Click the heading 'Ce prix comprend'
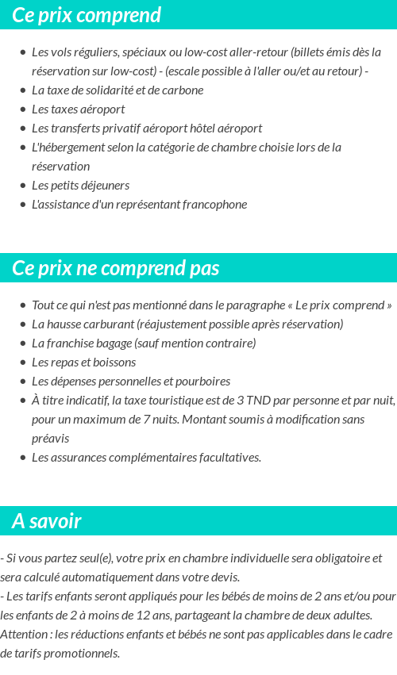tap(87, 15)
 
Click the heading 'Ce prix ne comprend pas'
tap(116, 268)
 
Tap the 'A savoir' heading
tap(47, 521)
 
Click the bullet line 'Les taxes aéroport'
tap(78, 109)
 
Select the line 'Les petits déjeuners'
tap(80, 185)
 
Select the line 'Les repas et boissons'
tap(83, 362)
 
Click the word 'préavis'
tap(50, 438)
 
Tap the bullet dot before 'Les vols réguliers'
tap(22, 52)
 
